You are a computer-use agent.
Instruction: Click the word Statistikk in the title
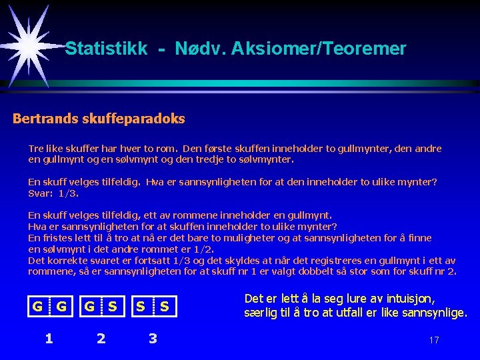click(106, 49)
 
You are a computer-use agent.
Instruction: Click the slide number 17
click(434, 340)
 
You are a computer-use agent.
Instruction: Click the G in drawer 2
click(88, 307)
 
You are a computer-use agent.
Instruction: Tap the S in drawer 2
click(113, 307)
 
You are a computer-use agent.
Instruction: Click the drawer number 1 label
click(49, 338)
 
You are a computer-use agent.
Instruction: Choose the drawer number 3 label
click(153, 338)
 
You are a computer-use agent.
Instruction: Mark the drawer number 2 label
click(101, 338)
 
